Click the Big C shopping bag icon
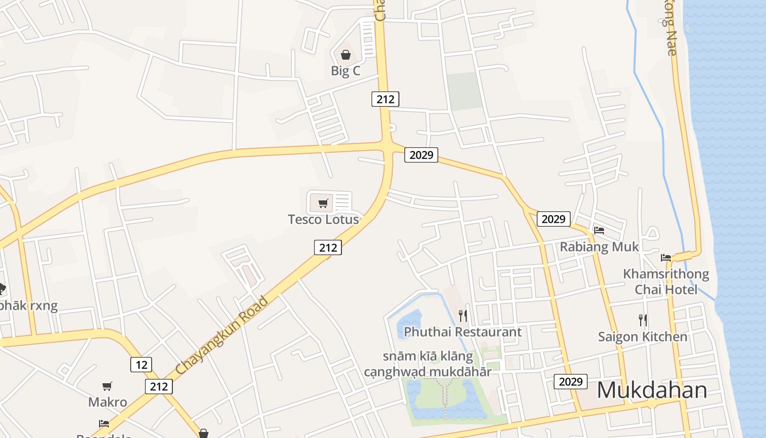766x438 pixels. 346,55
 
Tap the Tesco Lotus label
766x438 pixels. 323,220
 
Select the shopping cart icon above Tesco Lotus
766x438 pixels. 323,204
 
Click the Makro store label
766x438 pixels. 108,402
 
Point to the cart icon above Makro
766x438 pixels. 107,386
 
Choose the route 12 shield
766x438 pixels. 141,365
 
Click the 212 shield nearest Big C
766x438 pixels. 385,99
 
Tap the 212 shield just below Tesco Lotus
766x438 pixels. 328,247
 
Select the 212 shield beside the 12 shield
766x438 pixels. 159,387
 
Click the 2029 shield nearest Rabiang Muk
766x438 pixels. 553,219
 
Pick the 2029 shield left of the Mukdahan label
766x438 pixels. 571,382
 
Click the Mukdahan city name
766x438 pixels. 652,390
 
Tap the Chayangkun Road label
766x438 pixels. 223,336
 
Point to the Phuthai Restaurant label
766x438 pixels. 463,332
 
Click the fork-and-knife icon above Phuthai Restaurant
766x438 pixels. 463,315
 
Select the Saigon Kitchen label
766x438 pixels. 642,336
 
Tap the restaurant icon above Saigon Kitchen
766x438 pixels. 643,320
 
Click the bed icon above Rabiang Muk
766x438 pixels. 599,230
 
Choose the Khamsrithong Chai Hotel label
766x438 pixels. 666,281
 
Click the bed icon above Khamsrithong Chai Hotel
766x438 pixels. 666,257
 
